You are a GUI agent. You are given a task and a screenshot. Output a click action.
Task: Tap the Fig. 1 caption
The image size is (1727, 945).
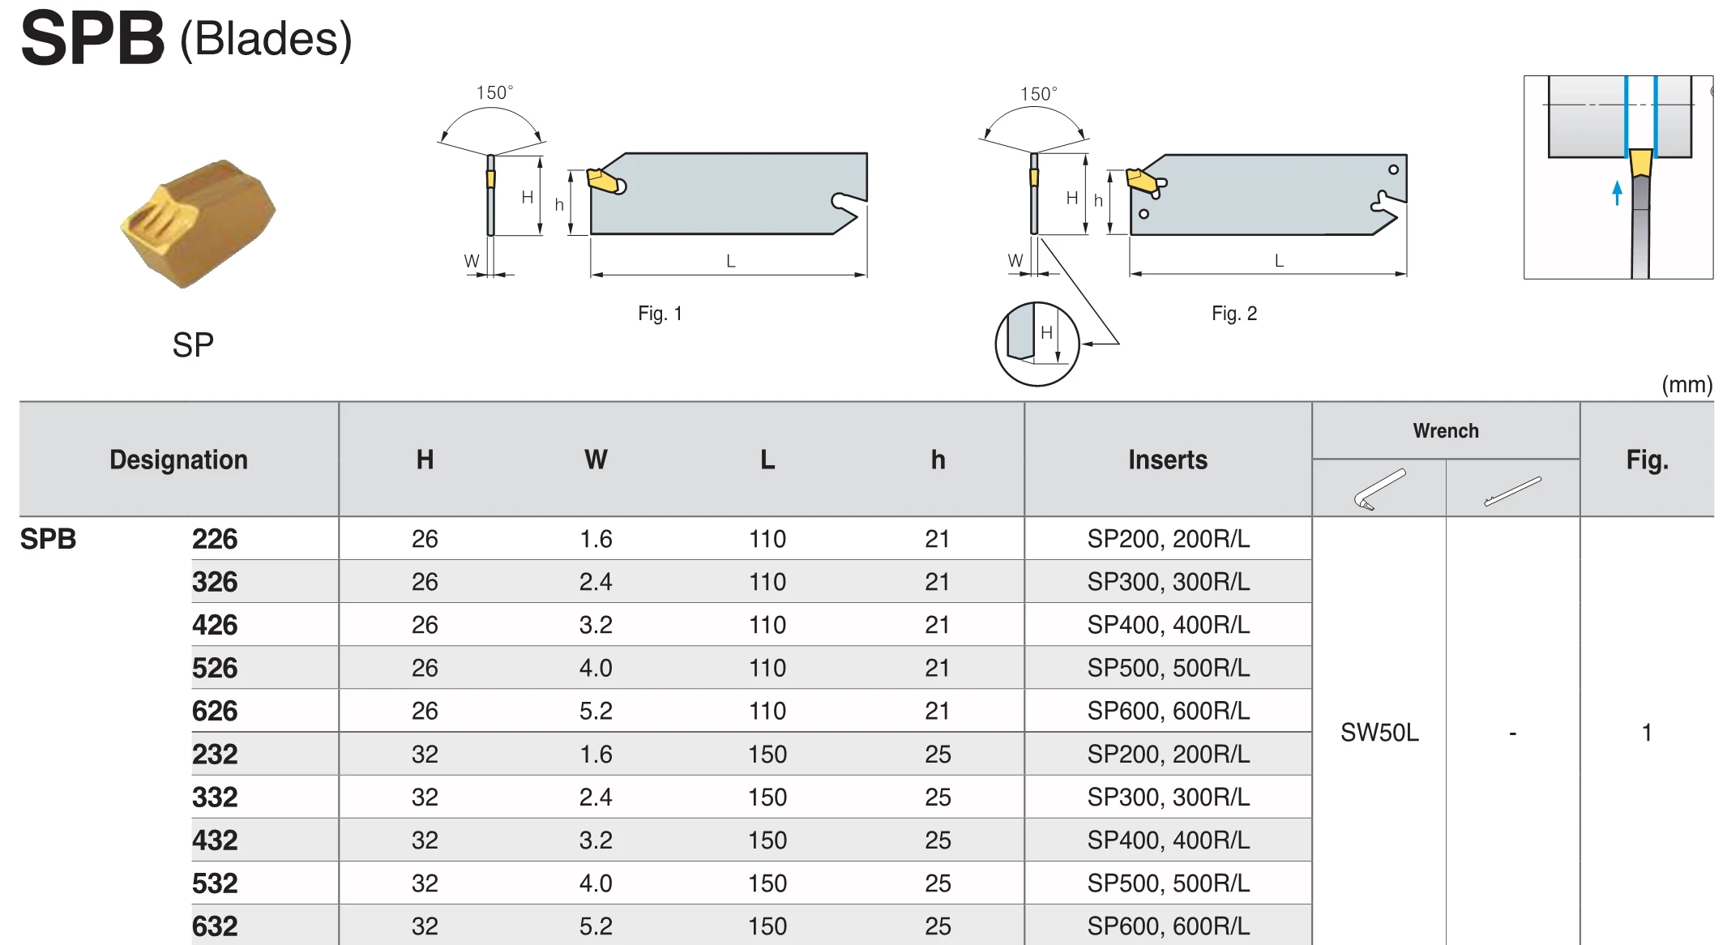point(660,314)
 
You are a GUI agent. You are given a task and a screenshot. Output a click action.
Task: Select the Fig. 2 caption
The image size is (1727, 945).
point(1234,314)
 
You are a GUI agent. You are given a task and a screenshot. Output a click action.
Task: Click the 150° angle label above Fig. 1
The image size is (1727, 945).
point(494,92)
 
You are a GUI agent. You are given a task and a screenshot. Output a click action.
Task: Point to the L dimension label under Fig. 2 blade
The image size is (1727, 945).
point(1279,260)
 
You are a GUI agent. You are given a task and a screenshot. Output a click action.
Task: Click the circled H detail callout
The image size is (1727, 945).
point(1037,344)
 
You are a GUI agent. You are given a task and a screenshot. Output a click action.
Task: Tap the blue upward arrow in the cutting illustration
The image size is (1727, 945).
point(1617,192)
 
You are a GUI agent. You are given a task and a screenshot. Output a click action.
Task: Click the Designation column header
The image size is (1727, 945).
point(178,460)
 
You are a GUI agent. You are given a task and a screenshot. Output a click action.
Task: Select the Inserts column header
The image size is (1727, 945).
point(1168,460)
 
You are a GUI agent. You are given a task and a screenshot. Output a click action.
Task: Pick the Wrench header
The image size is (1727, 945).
point(1446,430)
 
